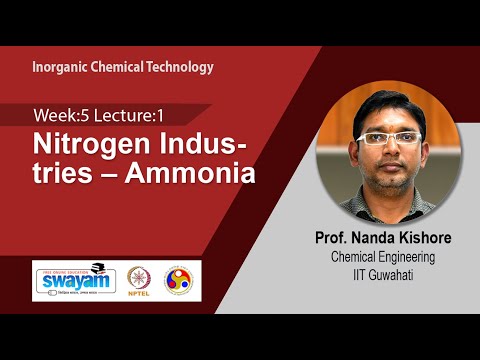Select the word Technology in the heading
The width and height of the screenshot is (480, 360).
[x=178, y=68]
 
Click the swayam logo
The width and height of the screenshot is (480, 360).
[x=72, y=279]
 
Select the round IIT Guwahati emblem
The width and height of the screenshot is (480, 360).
[x=185, y=278]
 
